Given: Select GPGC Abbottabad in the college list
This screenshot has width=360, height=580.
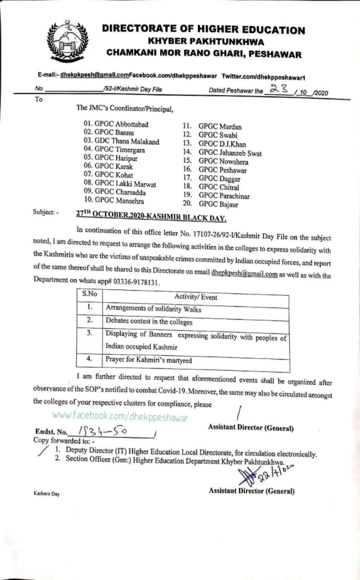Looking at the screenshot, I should click(x=116, y=124).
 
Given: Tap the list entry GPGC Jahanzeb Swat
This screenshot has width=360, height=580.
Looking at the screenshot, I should click(x=230, y=153).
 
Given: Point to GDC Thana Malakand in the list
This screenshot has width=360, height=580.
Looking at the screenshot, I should click(x=122, y=142).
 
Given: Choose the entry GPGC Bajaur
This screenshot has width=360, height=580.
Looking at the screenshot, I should click(x=218, y=205).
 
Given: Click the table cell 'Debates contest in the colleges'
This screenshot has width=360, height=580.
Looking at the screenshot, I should click(x=149, y=322).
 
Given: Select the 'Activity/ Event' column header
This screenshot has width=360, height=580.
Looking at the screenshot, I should click(x=195, y=297).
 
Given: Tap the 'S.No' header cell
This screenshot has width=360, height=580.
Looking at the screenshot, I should click(x=89, y=294).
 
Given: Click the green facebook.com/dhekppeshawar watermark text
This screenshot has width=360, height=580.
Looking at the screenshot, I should click(x=120, y=417).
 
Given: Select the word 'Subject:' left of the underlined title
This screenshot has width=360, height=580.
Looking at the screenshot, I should click(x=46, y=212).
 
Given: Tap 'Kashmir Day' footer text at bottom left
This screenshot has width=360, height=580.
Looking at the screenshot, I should click(x=46, y=494).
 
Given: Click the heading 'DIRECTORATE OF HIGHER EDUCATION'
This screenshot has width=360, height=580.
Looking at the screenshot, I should click(x=204, y=30).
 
